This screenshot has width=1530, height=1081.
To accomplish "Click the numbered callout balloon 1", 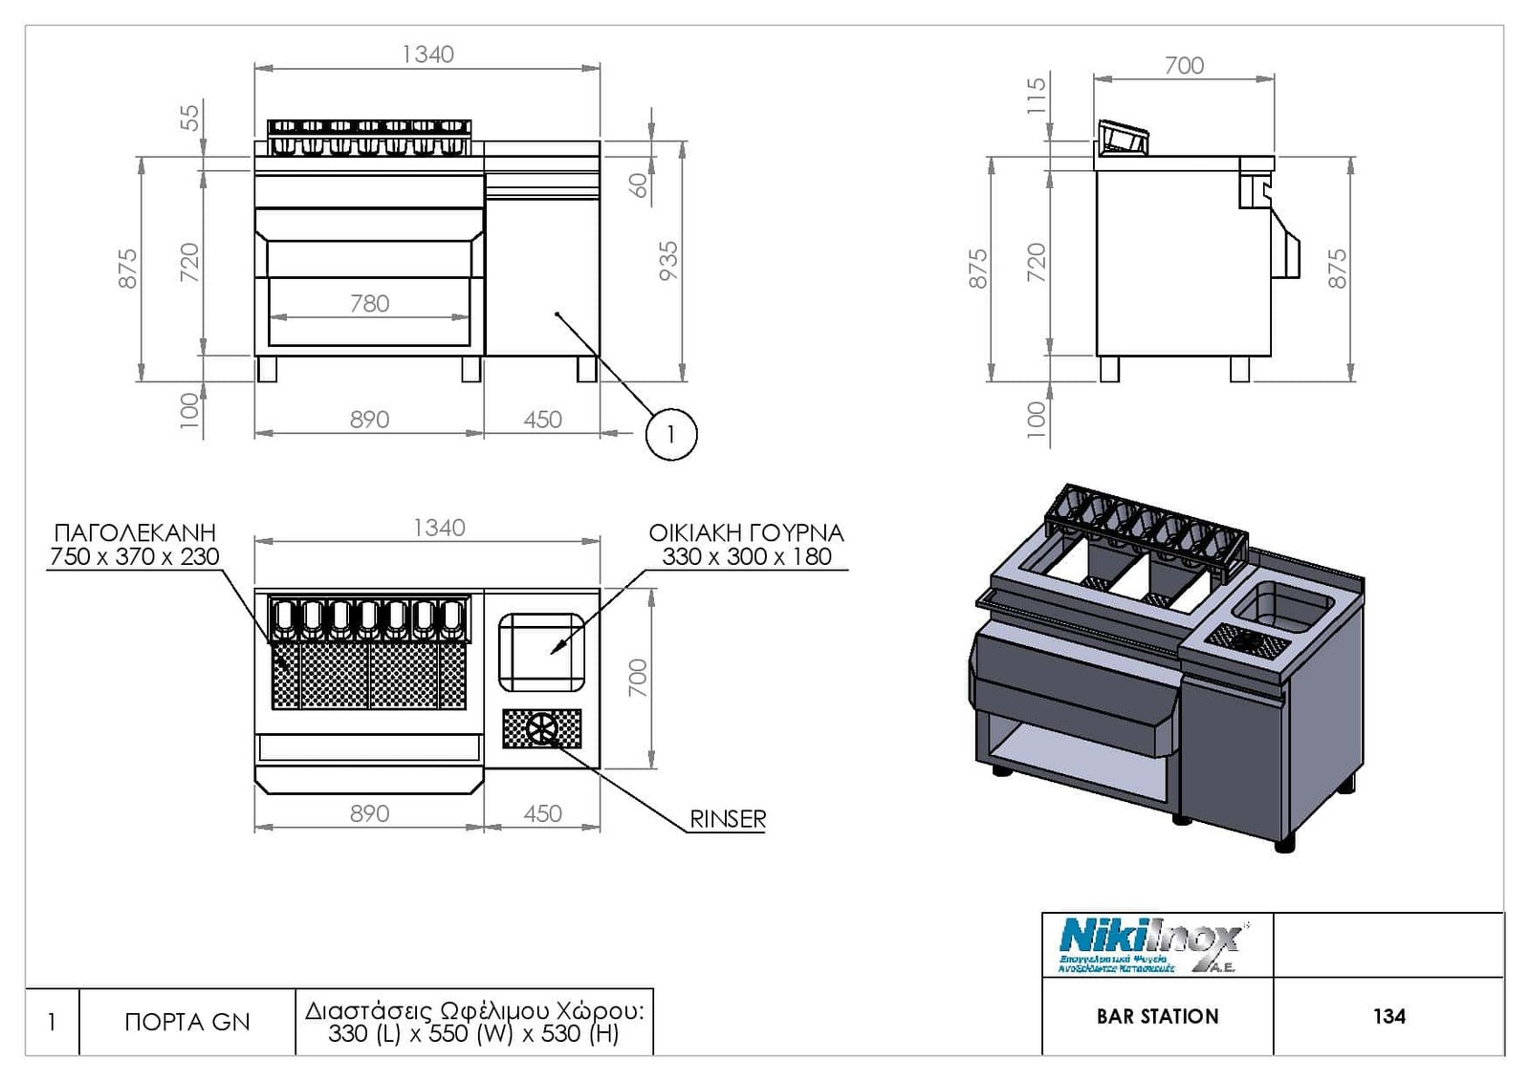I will (x=671, y=435).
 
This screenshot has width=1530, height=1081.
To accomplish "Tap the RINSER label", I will (x=728, y=819).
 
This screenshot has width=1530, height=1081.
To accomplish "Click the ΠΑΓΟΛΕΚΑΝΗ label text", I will (x=135, y=532).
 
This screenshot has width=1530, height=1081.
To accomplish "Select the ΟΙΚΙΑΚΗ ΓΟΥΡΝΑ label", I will (x=746, y=532).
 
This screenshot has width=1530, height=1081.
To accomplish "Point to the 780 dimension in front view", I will (x=369, y=304).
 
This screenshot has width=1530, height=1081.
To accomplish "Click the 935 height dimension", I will (x=668, y=261).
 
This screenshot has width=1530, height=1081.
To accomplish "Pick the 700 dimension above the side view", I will (x=1184, y=66).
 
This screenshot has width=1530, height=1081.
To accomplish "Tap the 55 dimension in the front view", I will (x=191, y=118).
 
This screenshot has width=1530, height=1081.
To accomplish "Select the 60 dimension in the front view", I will (x=640, y=184).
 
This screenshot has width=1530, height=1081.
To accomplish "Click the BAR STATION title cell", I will (x=1157, y=1017).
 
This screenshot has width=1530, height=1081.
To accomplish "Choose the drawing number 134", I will (x=1388, y=1017).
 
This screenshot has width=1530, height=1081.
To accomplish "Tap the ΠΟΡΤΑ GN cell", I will (x=187, y=1023).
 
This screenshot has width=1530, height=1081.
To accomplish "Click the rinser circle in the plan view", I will (x=541, y=728).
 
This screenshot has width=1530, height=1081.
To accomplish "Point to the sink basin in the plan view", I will (x=541, y=652).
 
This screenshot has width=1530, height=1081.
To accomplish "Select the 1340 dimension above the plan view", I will (x=439, y=528).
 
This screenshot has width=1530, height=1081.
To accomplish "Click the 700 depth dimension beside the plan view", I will (x=638, y=678).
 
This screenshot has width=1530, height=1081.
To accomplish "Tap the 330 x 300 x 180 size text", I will (x=746, y=557).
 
